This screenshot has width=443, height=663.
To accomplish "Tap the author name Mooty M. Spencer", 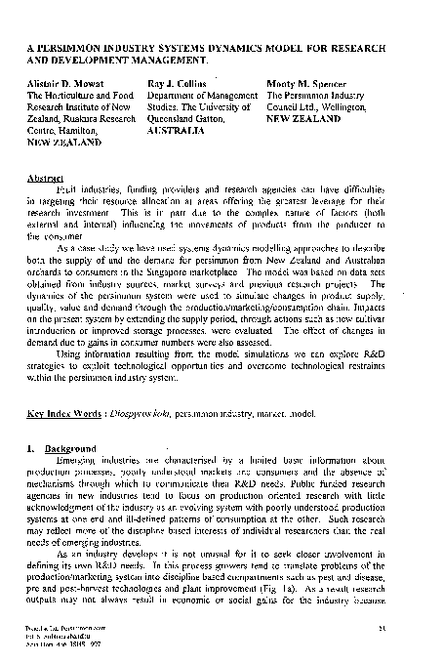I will coord(307,85).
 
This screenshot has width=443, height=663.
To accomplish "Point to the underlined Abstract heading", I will coord(47,179).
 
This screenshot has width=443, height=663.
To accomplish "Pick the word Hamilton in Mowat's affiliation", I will coord(82,127).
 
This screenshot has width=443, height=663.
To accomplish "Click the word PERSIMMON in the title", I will coord(73,45).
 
